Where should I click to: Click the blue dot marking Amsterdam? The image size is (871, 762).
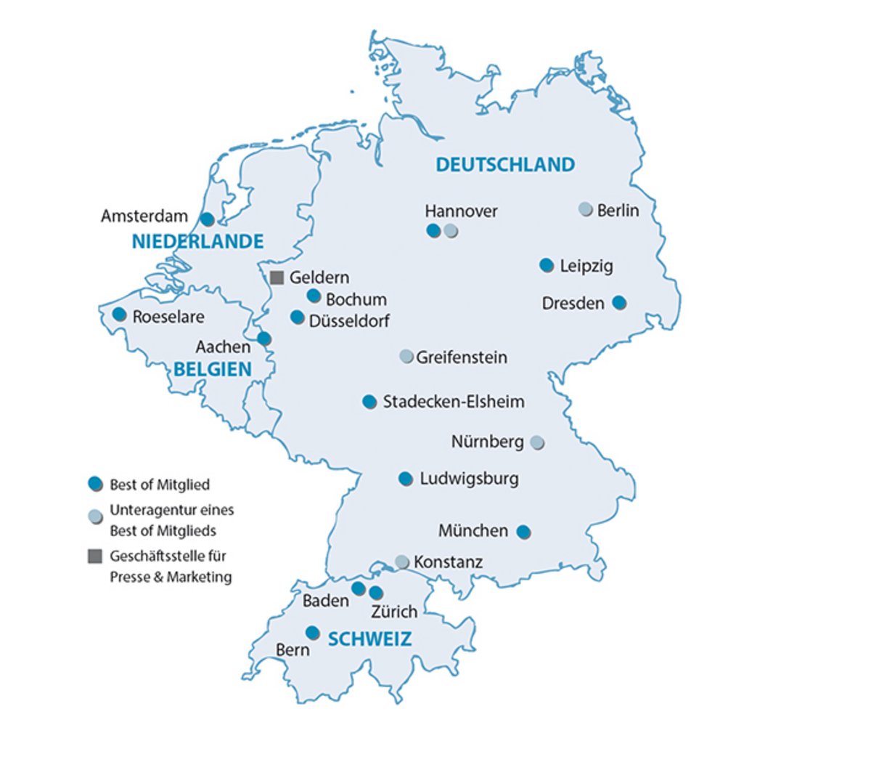pyautogui.click(x=207, y=219)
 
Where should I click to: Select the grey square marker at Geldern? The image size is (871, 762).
pyautogui.click(x=277, y=277)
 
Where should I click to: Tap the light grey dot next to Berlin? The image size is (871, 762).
pyautogui.click(x=585, y=209)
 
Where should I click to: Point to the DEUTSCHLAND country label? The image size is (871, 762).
pyautogui.click(x=505, y=165)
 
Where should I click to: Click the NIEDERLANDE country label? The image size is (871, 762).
pyautogui.click(x=197, y=242)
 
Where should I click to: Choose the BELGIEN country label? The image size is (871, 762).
pyautogui.click(x=213, y=369)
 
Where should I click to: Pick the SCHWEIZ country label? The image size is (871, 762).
pyautogui.click(x=369, y=639)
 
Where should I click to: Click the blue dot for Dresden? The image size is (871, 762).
pyautogui.click(x=618, y=302)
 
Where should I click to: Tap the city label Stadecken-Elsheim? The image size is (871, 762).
pyautogui.click(x=454, y=402)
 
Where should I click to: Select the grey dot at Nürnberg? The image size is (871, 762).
pyautogui.click(x=536, y=442)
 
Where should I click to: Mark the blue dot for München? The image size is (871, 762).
pyautogui.click(x=523, y=532)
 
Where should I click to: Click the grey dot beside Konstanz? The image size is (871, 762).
pyautogui.click(x=402, y=562)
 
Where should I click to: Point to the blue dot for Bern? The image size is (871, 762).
pyautogui.click(x=312, y=633)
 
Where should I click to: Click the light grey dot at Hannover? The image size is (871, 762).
pyautogui.click(x=451, y=231)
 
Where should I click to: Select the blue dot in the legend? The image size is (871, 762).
pyautogui.click(x=94, y=484)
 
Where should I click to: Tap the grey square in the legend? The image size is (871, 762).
pyautogui.click(x=94, y=556)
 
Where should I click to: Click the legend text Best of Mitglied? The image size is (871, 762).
pyautogui.click(x=160, y=485)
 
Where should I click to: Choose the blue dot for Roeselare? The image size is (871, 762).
pyautogui.click(x=119, y=315)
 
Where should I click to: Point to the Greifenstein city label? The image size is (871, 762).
pyautogui.click(x=462, y=357)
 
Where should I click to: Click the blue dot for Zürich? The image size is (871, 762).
pyautogui.click(x=375, y=593)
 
